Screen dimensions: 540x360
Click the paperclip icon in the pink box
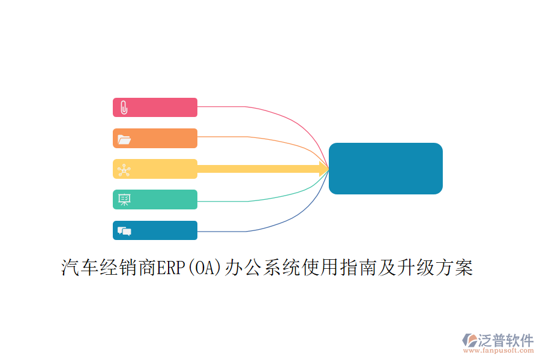(x=124, y=107)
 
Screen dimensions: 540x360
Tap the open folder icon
(x=124, y=139)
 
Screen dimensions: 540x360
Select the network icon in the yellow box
(x=124, y=170)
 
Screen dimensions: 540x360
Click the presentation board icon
(x=124, y=200)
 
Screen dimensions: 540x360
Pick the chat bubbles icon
(x=124, y=231)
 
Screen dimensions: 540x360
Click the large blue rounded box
(x=386, y=169)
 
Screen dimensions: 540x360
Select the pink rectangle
(x=155, y=107)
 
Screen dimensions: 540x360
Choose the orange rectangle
(x=155, y=138)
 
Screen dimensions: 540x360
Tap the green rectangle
(x=155, y=199)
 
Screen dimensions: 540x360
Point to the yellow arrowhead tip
(x=329, y=169)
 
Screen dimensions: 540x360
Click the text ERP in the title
(x=171, y=268)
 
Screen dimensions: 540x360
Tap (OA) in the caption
(x=205, y=268)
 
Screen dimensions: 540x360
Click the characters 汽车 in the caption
(x=80, y=268)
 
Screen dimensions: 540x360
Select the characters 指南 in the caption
(x=359, y=268)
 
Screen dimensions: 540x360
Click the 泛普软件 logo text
(x=506, y=340)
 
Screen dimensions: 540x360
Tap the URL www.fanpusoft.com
(x=499, y=350)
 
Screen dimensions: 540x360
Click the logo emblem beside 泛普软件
(x=470, y=340)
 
